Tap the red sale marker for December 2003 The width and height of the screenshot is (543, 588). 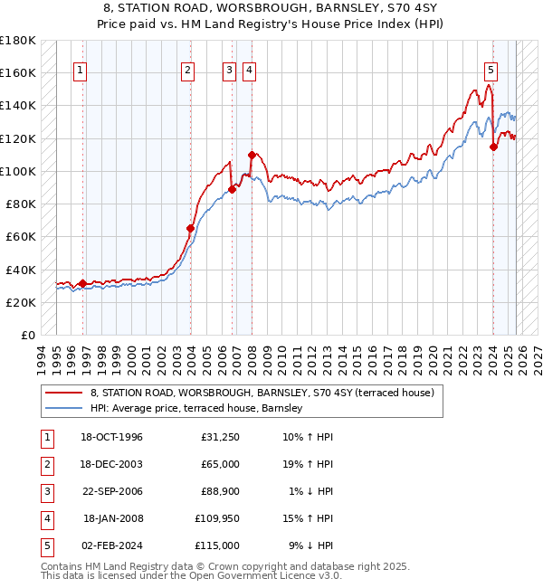[191, 229]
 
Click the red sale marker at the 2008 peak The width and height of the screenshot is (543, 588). [252, 155]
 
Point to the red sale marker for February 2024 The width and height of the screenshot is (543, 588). [493, 147]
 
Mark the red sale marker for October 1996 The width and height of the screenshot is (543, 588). [82, 283]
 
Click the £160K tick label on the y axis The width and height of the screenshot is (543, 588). [18, 72]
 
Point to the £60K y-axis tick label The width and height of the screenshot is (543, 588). [21, 237]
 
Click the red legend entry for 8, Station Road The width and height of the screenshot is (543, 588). [262, 393]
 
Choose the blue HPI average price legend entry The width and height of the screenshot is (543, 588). [200, 409]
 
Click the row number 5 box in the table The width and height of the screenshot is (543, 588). [44, 545]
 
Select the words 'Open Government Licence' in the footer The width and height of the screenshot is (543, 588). [272, 576]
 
